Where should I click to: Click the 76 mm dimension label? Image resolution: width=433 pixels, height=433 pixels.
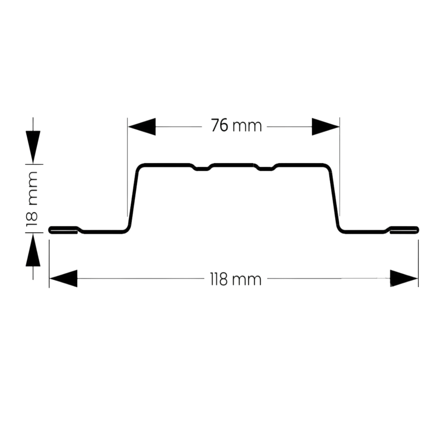[237, 125]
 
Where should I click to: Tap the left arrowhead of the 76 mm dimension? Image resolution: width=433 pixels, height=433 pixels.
[142, 127]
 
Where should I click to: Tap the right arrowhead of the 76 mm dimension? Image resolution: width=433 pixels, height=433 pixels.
[326, 127]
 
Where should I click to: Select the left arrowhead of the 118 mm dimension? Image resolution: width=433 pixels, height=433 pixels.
[63, 278]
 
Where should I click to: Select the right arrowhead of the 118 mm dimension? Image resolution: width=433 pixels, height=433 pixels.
[404, 278]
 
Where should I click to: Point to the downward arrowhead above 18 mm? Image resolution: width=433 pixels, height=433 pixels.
[33, 147]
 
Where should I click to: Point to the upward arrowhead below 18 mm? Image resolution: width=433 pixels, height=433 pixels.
[33, 250]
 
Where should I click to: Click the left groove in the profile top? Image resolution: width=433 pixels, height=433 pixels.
[202, 168]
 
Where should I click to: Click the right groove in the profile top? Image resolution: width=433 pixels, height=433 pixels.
[266, 168]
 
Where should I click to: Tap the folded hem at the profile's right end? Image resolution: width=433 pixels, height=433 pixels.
[404, 230]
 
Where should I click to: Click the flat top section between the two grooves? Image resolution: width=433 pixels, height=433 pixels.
[234, 165]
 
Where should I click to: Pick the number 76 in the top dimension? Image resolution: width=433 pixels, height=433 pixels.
[220, 125]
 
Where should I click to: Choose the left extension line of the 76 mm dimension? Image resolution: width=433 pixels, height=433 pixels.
[127, 167]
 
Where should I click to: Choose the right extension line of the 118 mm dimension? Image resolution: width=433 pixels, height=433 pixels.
[418, 263]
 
